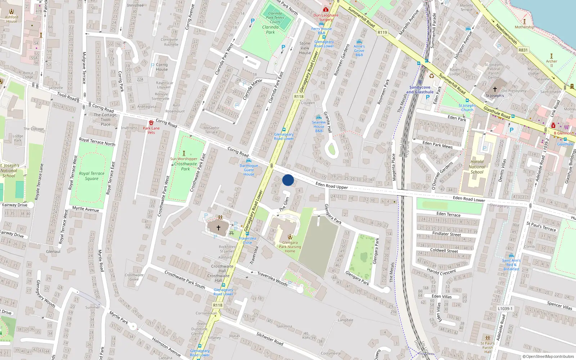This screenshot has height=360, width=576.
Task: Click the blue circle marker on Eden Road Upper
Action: pos(288,180)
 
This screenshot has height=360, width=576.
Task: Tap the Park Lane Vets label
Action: pos(151,130)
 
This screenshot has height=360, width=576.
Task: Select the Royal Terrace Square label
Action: pos(92,176)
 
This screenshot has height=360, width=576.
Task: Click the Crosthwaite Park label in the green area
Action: pos(185,166)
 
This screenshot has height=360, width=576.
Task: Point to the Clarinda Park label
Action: pos(270,30)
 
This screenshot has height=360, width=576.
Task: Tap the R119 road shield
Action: pos(382,32)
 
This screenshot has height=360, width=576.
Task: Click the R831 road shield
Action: pos(523,50)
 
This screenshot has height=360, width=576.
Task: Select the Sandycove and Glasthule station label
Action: pos(420,90)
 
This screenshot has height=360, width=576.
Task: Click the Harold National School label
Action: pos(477,167)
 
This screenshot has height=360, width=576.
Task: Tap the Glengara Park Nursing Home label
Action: pos(290,247)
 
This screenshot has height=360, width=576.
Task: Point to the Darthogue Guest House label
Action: pos(249,170)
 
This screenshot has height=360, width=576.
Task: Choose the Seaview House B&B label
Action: pos(319,126)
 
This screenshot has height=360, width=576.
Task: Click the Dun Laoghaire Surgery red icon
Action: pos(325,10)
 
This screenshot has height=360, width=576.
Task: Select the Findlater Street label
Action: pos(446,234)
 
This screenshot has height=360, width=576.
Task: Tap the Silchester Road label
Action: pos(270,339)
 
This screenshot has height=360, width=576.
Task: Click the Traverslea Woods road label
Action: pos(272,279)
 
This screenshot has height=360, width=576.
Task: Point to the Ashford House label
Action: pos(12,19)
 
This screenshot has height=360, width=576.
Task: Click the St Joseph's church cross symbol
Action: pos(495,89)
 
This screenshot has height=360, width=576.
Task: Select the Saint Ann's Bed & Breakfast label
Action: pos(511,265)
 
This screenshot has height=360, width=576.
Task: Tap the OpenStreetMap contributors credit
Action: pos(548,356)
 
